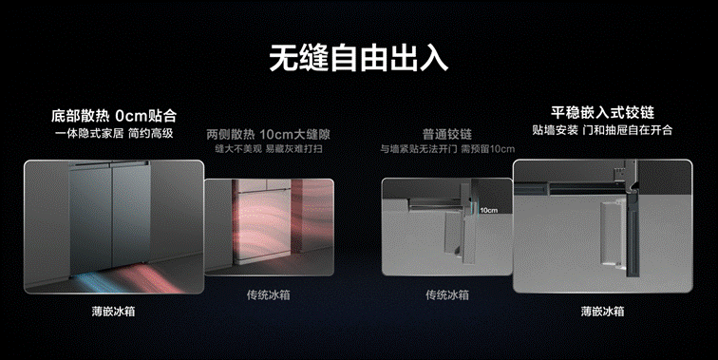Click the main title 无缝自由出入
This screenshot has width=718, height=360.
pyautogui.click(x=359, y=58)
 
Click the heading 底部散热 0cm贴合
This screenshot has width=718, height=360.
pyautogui.click(x=114, y=116)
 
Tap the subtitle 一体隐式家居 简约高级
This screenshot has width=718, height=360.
pyautogui.click(x=114, y=133)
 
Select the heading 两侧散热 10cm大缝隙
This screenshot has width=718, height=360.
pyautogui.click(x=269, y=135)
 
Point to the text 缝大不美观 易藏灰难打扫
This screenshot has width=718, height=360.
pyautogui.click(x=269, y=149)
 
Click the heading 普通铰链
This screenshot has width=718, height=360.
pyautogui.click(x=447, y=134)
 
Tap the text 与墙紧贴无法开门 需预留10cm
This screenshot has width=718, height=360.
pyautogui.click(x=447, y=149)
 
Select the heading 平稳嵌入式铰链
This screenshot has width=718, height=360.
pyautogui.click(x=602, y=113)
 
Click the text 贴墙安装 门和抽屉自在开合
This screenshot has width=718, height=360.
pyautogui.click(x=602, y=130)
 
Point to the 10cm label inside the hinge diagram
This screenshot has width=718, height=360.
pyautogui.click(x=488, y=210)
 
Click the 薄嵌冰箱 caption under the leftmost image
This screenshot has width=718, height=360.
pyautogui.click(x=113, y=312)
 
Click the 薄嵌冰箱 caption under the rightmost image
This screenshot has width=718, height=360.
pyautogui.click(x=602, y=312)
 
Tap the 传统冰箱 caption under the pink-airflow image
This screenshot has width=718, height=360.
pyautogui.click(x=269, y=295)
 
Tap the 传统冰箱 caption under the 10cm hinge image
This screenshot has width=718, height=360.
pyautogui.click(x=447, y=295)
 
